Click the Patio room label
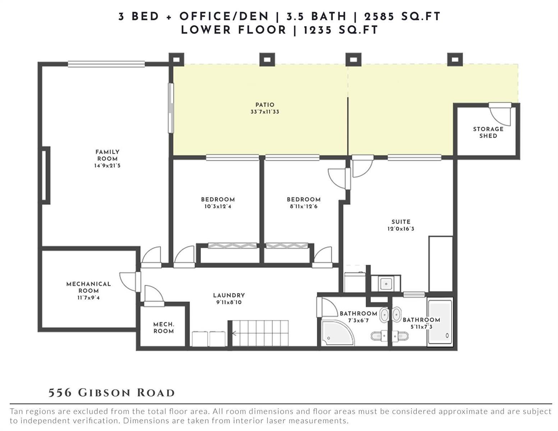click(x=265, y=105)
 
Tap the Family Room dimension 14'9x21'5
click(x=107, y=166)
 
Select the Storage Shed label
click(x=488, y=132)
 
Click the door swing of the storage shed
click(x=500, y=116)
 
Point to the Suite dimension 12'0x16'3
click(x=401, y=228)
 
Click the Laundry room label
click(x=229, y=295)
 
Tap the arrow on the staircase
click(x=235, y=333)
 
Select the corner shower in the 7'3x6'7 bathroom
click(x=337, y=333)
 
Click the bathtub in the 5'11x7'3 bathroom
click(x=440, y=322)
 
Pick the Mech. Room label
click(x=163, y=328)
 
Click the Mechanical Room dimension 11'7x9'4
click(x=89, y=298)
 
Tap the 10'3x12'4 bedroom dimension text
click(x=218, y=206)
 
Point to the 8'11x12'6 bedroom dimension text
click(x=304, y=206)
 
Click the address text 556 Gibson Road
click(x=112, y=393)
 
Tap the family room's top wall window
click(x=106, y=64)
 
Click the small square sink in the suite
click(x=386, y=283)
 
